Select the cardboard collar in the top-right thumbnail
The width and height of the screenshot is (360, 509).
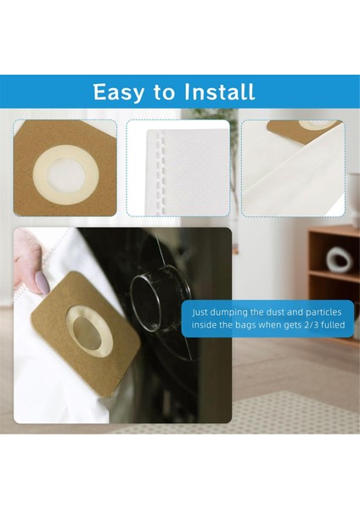306,128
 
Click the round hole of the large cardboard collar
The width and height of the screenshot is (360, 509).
89,330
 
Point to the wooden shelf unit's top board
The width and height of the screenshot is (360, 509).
334,230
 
